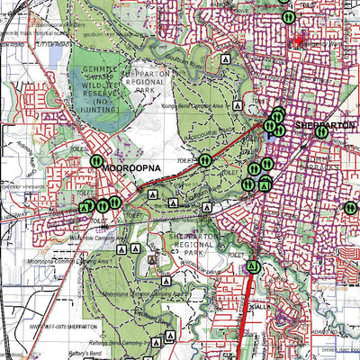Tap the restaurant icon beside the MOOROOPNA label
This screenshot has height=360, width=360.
(96, 161)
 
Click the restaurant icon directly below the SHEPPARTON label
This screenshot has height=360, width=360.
(278, 130)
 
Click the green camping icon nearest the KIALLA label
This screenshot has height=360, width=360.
(253, 266)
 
